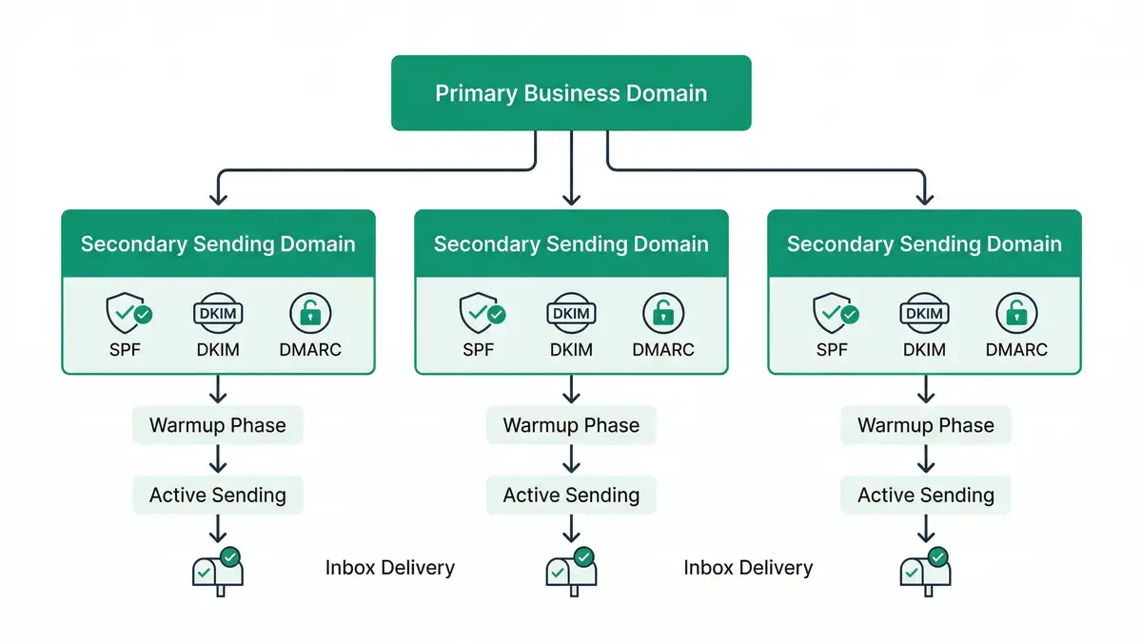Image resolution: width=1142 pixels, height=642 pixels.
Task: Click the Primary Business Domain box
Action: click(571, 93)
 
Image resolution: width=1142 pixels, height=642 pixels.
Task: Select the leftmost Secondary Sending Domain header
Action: click(218, 244)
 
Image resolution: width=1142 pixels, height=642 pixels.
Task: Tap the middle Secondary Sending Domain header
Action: click(571, 244)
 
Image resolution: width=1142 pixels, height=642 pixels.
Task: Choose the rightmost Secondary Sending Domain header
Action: click(924, 244)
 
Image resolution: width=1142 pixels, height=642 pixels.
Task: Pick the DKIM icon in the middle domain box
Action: click(571, 313)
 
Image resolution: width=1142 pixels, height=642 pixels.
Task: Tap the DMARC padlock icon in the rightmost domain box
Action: click(1016, 313)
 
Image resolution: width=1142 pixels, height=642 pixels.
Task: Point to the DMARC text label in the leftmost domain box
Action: click(310, 350)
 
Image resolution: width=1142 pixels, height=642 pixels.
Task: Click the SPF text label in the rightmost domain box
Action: click(832, 350)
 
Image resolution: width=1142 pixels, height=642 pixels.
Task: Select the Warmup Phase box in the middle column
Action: click(571, 425)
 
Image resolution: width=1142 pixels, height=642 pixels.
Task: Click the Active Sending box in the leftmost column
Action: click(218, 495)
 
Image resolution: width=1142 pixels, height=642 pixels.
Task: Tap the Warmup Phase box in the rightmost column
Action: click(925, 425)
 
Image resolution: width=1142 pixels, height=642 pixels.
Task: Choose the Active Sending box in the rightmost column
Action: click(925, 495)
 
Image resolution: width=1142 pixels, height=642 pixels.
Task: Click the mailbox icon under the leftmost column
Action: click(218, 570)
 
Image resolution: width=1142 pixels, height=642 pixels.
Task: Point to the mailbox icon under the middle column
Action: click(571, 570)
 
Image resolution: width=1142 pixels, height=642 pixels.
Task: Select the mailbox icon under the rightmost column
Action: click(925, 570)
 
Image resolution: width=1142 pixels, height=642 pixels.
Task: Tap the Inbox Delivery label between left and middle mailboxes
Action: click(390, 569)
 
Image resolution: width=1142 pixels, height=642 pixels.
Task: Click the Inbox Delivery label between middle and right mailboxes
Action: click(748, 569)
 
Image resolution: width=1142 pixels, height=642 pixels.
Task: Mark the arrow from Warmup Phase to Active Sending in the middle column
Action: click(571, 459)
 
